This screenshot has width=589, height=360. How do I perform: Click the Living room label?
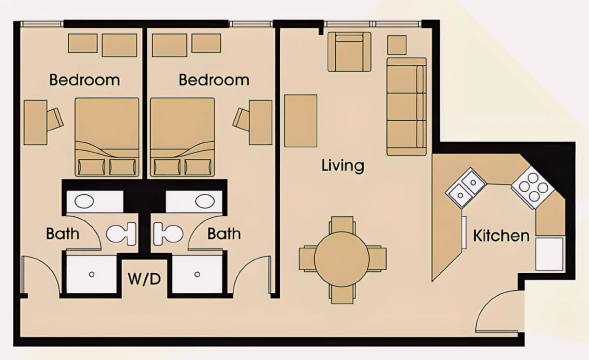tap(343, 166)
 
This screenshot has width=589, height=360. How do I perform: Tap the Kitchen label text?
tap(501, 236)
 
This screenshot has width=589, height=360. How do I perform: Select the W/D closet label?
tap(144, 279)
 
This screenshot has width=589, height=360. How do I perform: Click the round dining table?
tap(342, 259)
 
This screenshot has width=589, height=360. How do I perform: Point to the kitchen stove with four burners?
tap(533, 187)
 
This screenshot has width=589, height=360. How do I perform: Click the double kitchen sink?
tap(466, 188)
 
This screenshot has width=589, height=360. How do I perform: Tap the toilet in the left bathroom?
tap(121, 233)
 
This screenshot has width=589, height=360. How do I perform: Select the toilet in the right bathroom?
tap(168, 233)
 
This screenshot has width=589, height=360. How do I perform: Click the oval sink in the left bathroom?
tap(84, 202)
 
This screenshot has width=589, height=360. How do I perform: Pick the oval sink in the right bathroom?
tap(205, 202)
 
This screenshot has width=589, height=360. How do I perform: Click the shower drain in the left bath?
tap(91, 274)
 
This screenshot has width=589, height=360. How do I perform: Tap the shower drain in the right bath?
tap(197, 274)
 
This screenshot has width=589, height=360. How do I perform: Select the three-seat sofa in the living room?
tap(406, 107)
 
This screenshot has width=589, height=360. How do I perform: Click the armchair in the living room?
tap(349, 52)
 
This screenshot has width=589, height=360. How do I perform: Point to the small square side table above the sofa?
tap(397, 45)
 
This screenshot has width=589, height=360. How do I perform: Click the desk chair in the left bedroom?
tap(55, 120)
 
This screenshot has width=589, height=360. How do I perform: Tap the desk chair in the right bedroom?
tap(241, 120)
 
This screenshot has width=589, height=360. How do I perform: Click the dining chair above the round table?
tap(342, 225)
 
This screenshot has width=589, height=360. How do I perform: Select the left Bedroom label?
tap(84, 80)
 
